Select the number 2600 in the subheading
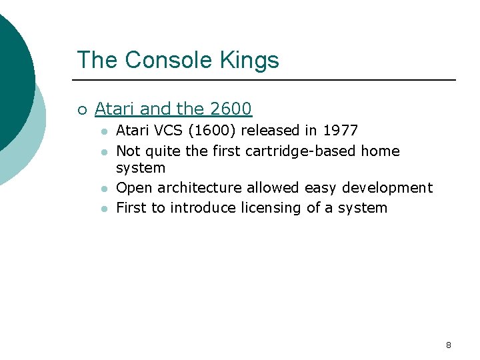point(231,109)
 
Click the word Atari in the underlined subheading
point(115,109)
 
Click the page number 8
point(448,345)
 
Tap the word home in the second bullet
point(380,151)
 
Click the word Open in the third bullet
point(135,189)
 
